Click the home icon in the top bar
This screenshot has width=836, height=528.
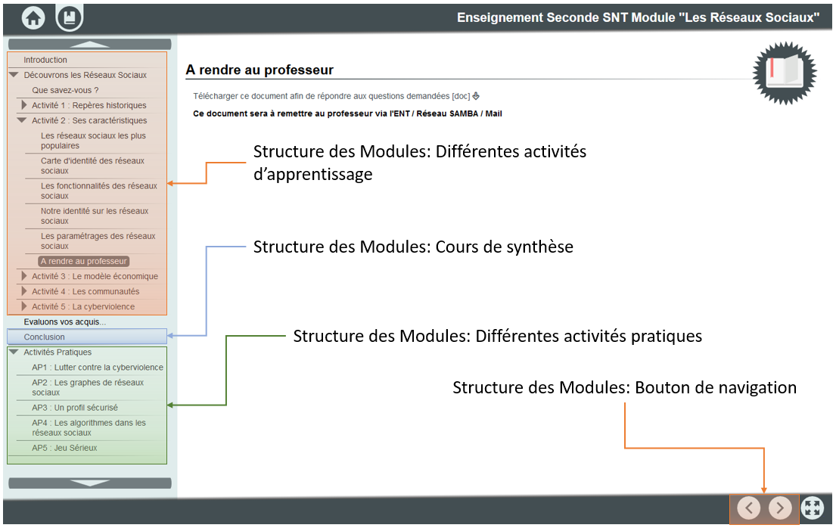pos(33,18)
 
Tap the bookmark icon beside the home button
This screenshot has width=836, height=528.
pos(70,18)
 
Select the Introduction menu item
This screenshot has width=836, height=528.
pos(45,60)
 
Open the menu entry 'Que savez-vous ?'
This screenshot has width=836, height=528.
pos(65,90)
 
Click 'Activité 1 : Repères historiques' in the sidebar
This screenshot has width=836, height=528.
pos(89,105)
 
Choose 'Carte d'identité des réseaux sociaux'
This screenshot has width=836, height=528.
pos(92,166)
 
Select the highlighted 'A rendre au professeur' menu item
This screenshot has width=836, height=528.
pos(84,261)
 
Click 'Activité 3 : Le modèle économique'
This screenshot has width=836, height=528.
pos(95,276)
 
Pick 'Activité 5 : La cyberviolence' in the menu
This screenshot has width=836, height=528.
pos(83,306)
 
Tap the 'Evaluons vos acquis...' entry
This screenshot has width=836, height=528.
pos(64,321)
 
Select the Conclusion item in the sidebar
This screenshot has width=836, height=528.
pos(44,337)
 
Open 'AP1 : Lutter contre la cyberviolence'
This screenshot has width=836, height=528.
pos(98,368)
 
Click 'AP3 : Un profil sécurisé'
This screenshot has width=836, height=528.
pos(75,408)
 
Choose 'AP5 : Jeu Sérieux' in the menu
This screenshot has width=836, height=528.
pos(64,448)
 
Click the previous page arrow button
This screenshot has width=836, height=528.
pos(748,508)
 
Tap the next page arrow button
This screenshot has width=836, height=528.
pos(779,508)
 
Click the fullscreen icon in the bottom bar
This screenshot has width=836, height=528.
pos(812,508)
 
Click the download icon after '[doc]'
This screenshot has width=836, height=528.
pos(476,96)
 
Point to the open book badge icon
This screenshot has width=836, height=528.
pos(785,73)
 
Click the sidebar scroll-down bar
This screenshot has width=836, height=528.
pos(90,483)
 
